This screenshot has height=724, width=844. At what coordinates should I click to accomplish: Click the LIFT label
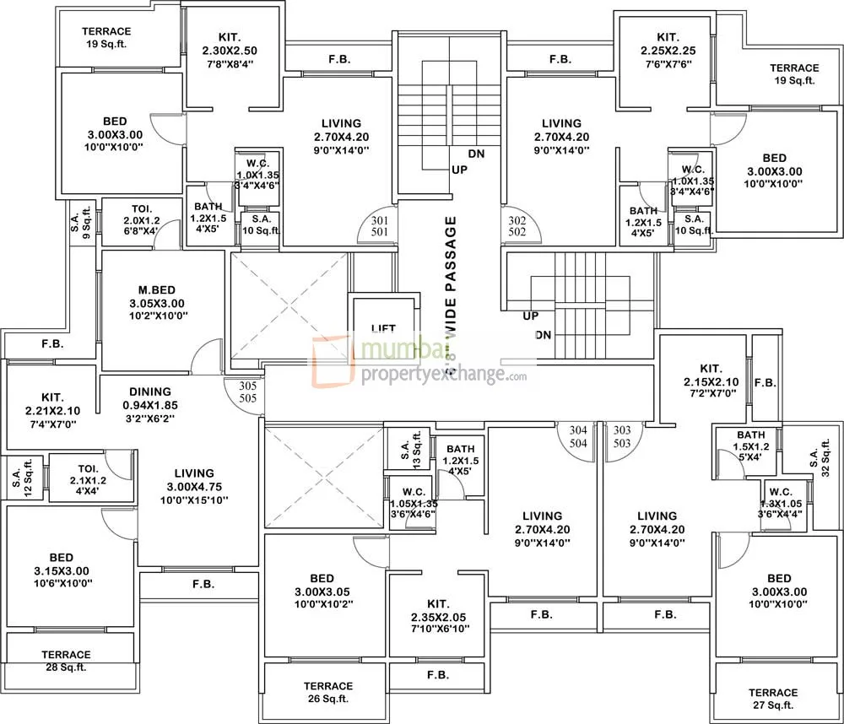click(383, 328)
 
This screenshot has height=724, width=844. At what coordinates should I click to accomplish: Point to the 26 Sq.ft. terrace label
click(328, 692)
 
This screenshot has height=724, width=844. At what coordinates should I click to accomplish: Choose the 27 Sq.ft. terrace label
click(772, 698)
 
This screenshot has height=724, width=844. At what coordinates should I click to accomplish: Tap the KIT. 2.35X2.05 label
click(436, 616)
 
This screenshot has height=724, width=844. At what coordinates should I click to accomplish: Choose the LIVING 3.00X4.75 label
click(194, 486)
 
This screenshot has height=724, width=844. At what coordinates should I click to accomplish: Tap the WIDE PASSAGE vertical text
click(450, 288)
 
